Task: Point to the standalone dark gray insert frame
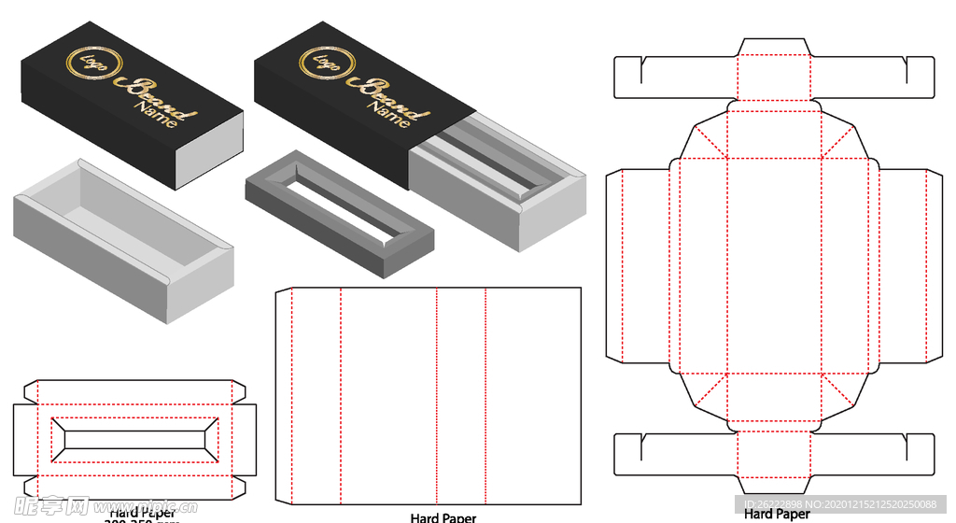pyautogui.click(x=338, y=210)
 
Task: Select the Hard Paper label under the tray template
pyautogui.click(x=777, y=513)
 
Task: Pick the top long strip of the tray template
pyautogui.click(x=773, y=77)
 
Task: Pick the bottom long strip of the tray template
pyautogui.click(x=773, y=454)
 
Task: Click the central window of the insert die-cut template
pyautogui.click(x=136, y=438)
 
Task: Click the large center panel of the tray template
pyautogui.click(x=773, y=265)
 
